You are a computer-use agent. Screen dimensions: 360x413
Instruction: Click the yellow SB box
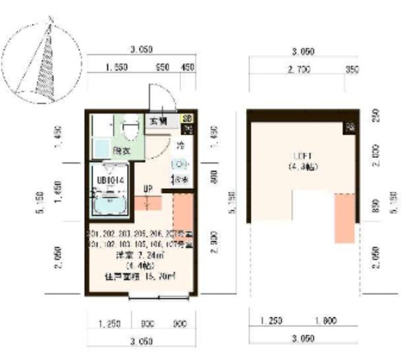(186, 118)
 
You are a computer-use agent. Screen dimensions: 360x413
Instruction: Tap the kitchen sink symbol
(177, 164)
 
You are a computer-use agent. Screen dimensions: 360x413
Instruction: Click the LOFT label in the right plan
(298, 155)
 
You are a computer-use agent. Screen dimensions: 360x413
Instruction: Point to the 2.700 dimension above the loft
(298, 69)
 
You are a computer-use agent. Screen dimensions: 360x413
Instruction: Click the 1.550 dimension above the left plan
(118, 67)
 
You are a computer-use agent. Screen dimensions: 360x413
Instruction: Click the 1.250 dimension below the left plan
(102, 322)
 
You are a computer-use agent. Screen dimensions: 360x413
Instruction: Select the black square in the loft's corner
(350, 127)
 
